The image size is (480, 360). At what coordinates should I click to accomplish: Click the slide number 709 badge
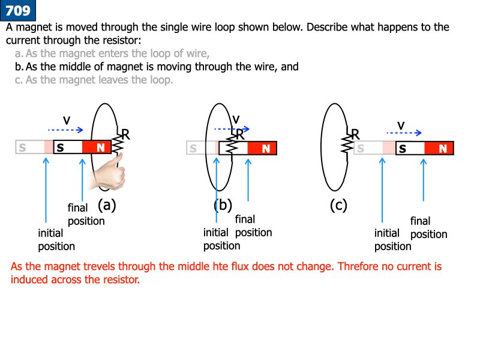pos(17,10)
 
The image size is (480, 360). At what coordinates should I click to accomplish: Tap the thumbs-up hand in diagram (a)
pos(109,170)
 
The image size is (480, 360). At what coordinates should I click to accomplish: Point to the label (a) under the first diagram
pos(106,205)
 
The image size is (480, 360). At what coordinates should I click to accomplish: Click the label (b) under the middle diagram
pos(223,205)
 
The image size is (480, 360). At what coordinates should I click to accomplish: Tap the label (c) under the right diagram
pos(338,205)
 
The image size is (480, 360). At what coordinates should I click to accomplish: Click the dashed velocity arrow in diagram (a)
pos(66,130)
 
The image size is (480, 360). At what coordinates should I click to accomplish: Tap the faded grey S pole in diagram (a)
pos(23,147)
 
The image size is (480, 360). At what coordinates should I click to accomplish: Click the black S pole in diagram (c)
pos(403,148)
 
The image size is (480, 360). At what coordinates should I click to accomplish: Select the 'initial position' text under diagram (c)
pos(392,239)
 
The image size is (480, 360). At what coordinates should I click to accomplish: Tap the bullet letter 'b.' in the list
pos(19,67)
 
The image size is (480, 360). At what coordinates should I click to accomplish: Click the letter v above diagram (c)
pos(401,124)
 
